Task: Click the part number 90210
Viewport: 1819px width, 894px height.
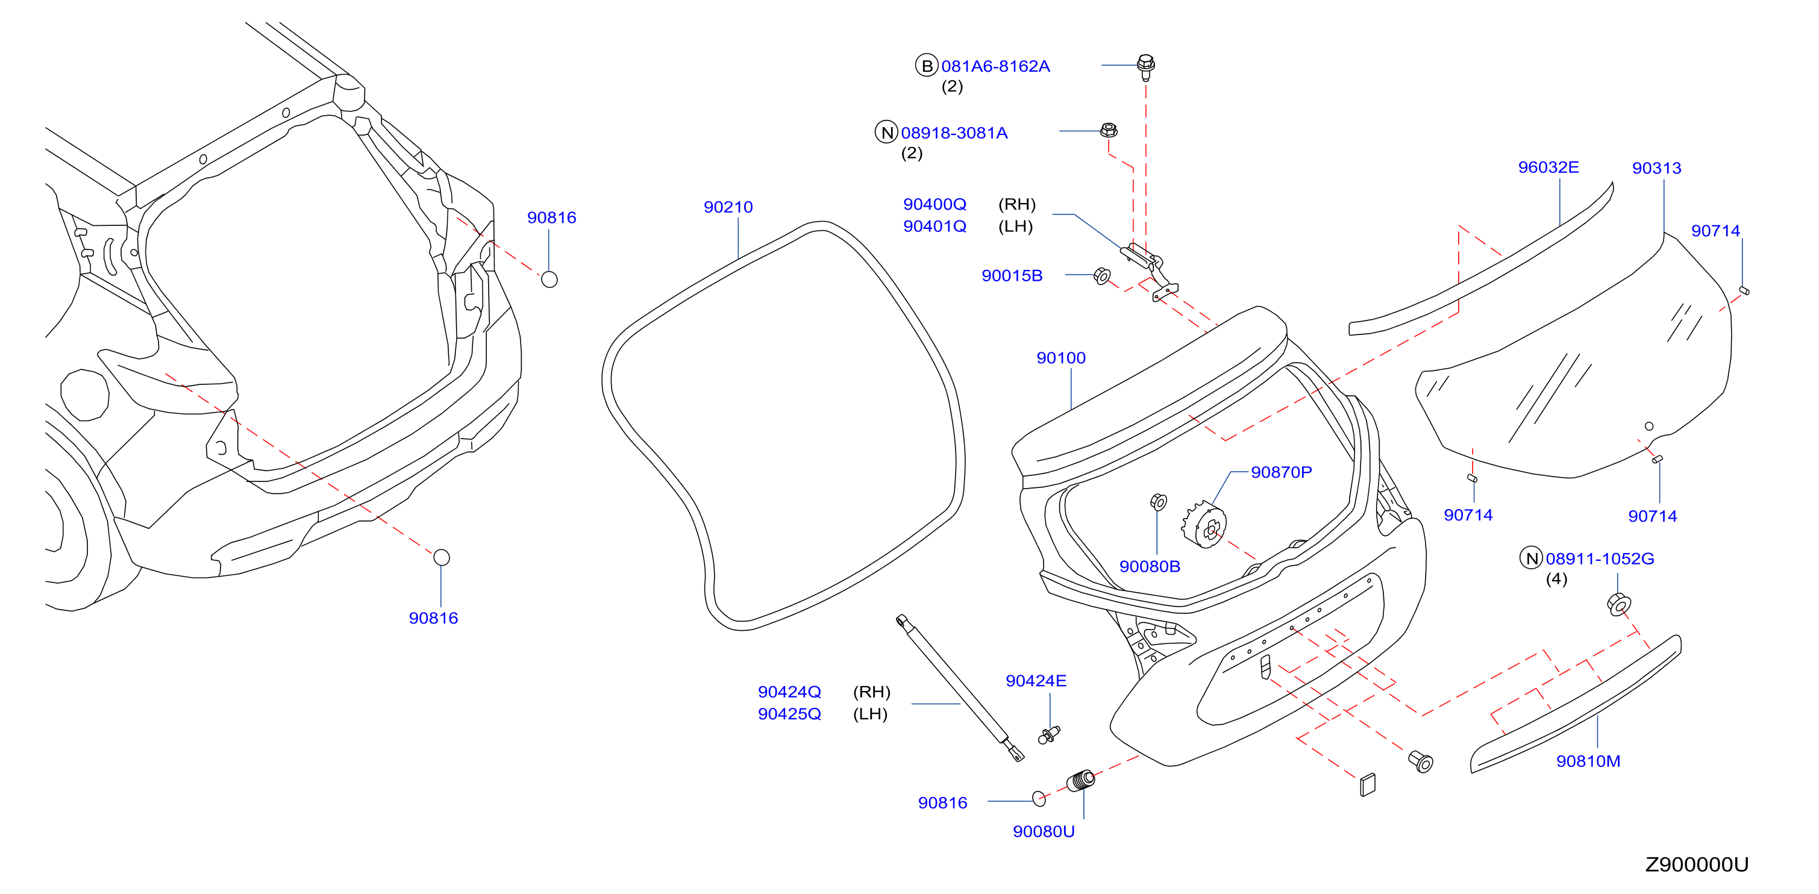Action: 728,207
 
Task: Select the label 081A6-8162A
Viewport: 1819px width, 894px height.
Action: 995,66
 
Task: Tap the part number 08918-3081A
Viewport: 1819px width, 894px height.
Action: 954,133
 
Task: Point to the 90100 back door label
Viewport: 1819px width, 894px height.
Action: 1060,358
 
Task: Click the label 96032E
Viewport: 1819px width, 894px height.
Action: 1548,167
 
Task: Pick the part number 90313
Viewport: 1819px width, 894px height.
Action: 1656,168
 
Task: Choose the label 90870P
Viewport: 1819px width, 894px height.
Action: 1281,472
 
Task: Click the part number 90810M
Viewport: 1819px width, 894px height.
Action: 1588,761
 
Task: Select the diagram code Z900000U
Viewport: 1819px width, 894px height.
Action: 1697,864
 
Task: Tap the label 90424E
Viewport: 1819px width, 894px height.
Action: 1036,681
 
